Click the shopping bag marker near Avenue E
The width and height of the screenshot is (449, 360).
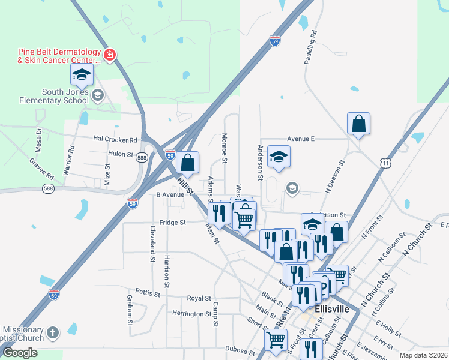358,124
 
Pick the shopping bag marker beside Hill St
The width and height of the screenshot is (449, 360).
188,162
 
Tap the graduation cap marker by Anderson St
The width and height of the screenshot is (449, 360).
279,157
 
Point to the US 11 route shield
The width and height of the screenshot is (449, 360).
385,162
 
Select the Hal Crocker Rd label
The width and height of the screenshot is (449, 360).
115,139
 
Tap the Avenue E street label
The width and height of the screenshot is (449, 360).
301,139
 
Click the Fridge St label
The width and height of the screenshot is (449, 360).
173,222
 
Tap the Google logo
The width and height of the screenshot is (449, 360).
20,353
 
